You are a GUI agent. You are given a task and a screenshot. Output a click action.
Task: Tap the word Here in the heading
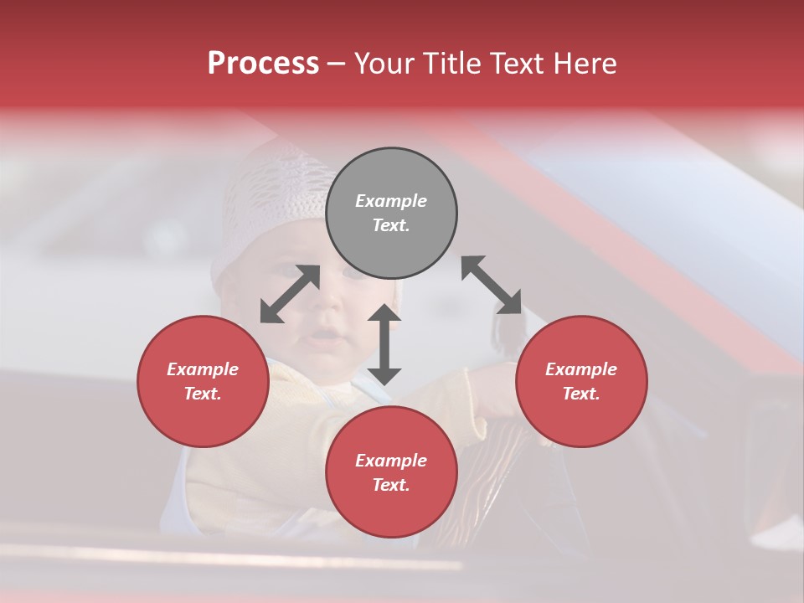pyautogui.click(x=586, y=64)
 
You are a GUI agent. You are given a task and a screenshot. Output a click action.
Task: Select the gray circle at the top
pyautogui.click(x=391, y=214)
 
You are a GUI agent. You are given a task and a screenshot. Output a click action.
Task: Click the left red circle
pyautogui.click(x=203, y=382)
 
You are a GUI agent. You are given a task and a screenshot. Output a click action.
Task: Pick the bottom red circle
pyautogui.click(x=391, y=472)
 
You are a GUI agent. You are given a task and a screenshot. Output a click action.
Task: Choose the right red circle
pyautogui.click(x=581, y=382)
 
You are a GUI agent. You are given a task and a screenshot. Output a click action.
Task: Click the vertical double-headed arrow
pyautogui.click(x=384, y=344)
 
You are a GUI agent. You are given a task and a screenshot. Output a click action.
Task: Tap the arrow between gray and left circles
pyautogui.click(x=290, y=294)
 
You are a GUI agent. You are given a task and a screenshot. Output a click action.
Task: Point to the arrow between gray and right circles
pyautogui.click(x=492, y=285)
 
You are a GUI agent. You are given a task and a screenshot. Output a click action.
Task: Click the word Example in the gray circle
pyautogui.click(x=391, y=201)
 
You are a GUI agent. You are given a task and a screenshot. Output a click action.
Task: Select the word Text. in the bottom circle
pyautogui.click(x=391, y=485)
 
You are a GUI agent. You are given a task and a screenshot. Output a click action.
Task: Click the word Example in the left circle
pyautogui.click(x=203, y=369)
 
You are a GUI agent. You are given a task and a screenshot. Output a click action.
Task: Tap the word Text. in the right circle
pyautogui.click(x=581, y=394)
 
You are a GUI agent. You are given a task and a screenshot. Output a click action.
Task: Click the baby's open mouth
pyautogui.click(x=325, y=338)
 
